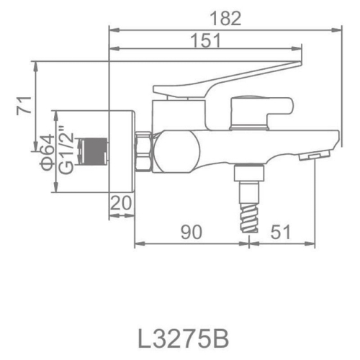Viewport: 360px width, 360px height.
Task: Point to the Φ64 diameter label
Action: (x=45, y=151)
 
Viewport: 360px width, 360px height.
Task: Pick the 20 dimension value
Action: (x=122, y=204)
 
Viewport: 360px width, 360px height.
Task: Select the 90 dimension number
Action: (x=191, y=231)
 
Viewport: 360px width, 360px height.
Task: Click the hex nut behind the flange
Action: (x=143, y=151)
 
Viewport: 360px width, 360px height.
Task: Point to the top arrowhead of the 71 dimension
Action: (x=35, y=63)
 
